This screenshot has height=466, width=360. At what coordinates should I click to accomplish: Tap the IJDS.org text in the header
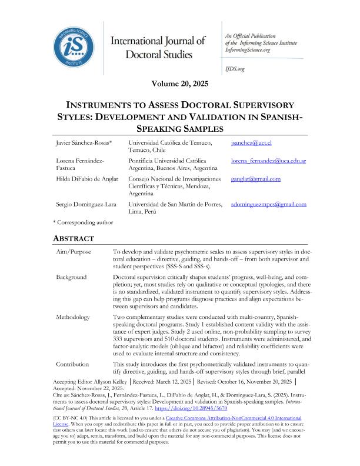pyautogui.click(x=234, y=69)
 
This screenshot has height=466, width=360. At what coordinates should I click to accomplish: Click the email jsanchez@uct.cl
pyautogui.click(x=251, y=143)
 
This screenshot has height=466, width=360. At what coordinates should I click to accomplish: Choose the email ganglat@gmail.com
pyautogui.click(x=256, y=179)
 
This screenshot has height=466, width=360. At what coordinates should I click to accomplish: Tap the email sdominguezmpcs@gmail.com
pyautogui.click(x=269, y=204)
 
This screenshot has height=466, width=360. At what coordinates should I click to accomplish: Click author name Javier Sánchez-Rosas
pyautogui.click(x=79, y=143)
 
